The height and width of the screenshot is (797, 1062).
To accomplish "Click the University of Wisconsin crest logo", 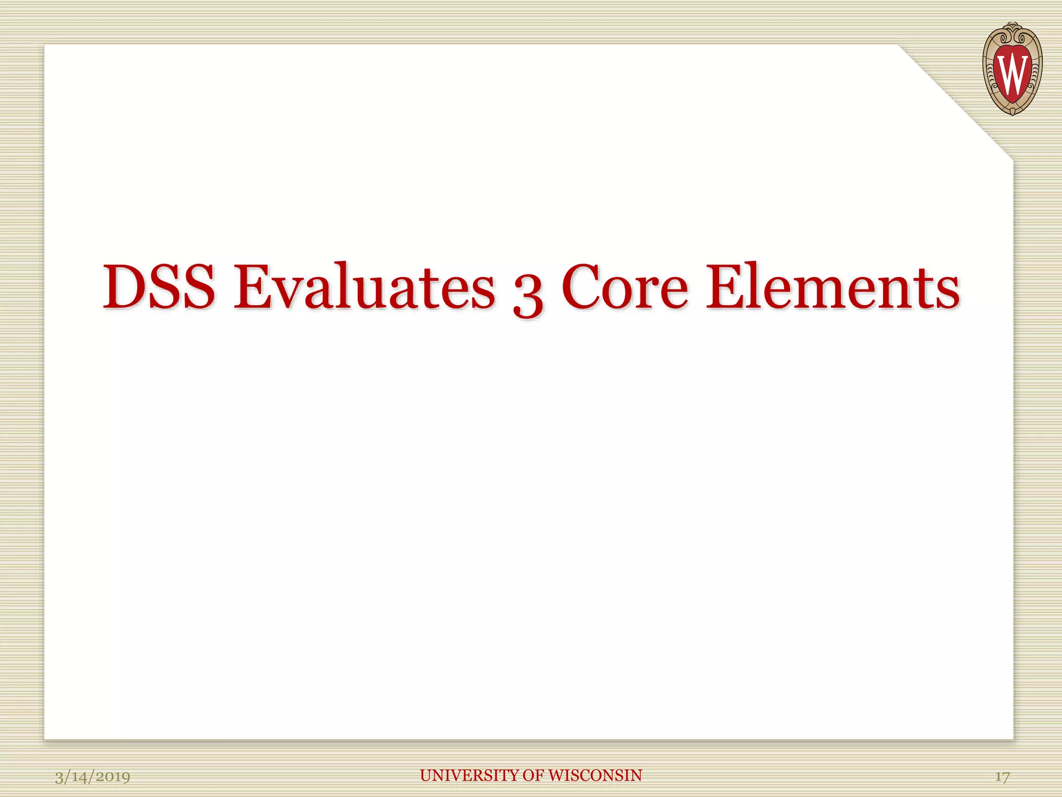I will [1012, 68].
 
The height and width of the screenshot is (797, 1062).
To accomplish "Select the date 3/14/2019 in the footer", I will [92, 776].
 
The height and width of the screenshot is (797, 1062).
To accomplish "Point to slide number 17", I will [1002, 776].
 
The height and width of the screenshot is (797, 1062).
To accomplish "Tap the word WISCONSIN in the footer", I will [595, 775].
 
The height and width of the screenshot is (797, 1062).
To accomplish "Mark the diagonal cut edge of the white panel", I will [955, 102].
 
